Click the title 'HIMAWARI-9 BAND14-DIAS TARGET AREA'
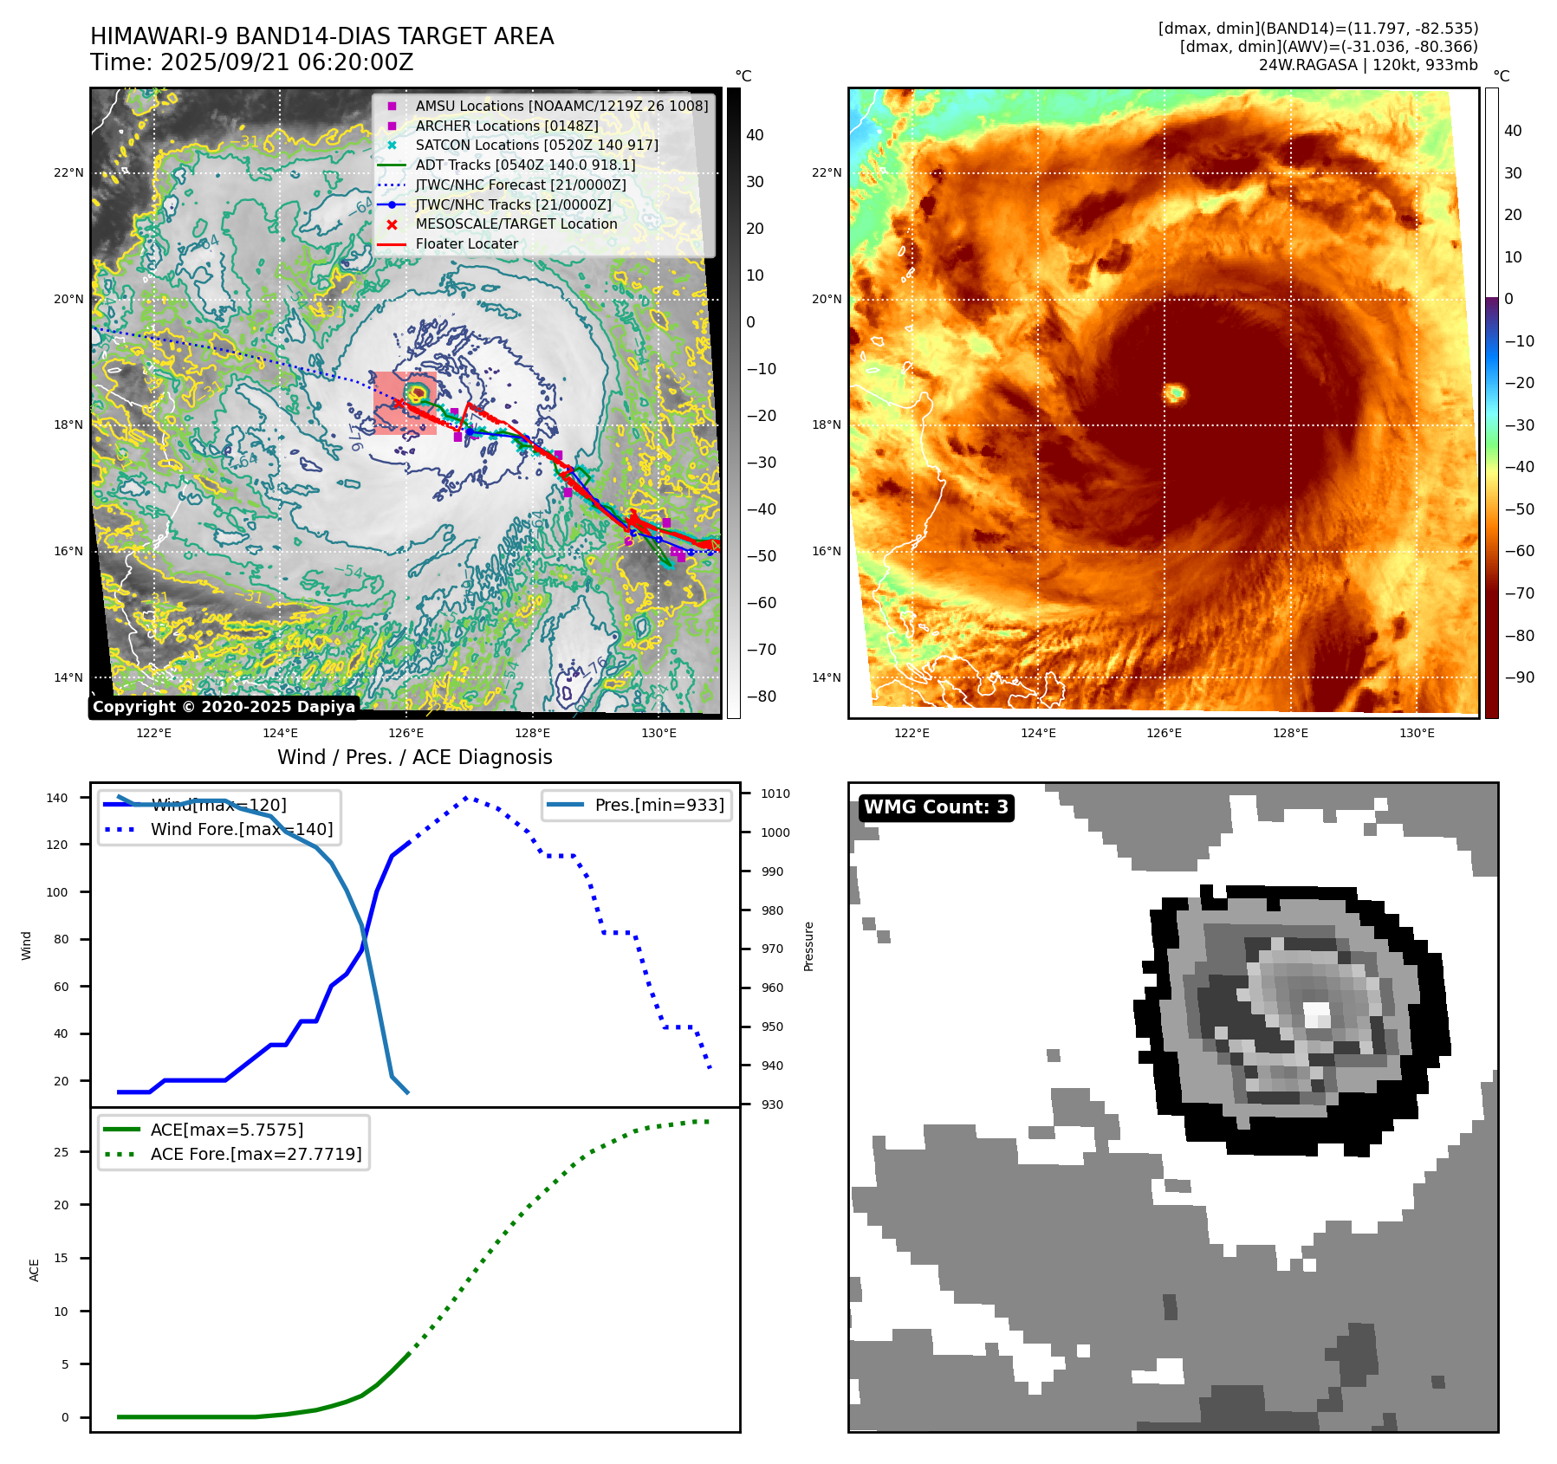pos(321,36)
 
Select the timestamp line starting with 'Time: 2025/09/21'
pos(251,63)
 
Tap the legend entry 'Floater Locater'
pos(466,244)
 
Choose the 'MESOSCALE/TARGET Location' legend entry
pos(516,224)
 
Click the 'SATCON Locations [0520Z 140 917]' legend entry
pos(536,146)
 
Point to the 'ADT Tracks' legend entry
pos(525,165)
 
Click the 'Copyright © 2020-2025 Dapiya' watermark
pos(224,707)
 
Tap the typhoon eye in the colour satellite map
pos(1176,393)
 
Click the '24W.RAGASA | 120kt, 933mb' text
pos(1368,65)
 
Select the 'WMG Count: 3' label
pos(936,807)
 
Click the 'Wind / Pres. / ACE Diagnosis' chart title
pos(414,758)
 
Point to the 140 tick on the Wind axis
pos(56,798)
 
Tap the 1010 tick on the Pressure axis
pos(775,794)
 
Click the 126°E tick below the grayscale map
pos(406,734)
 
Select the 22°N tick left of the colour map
pos(826,173)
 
